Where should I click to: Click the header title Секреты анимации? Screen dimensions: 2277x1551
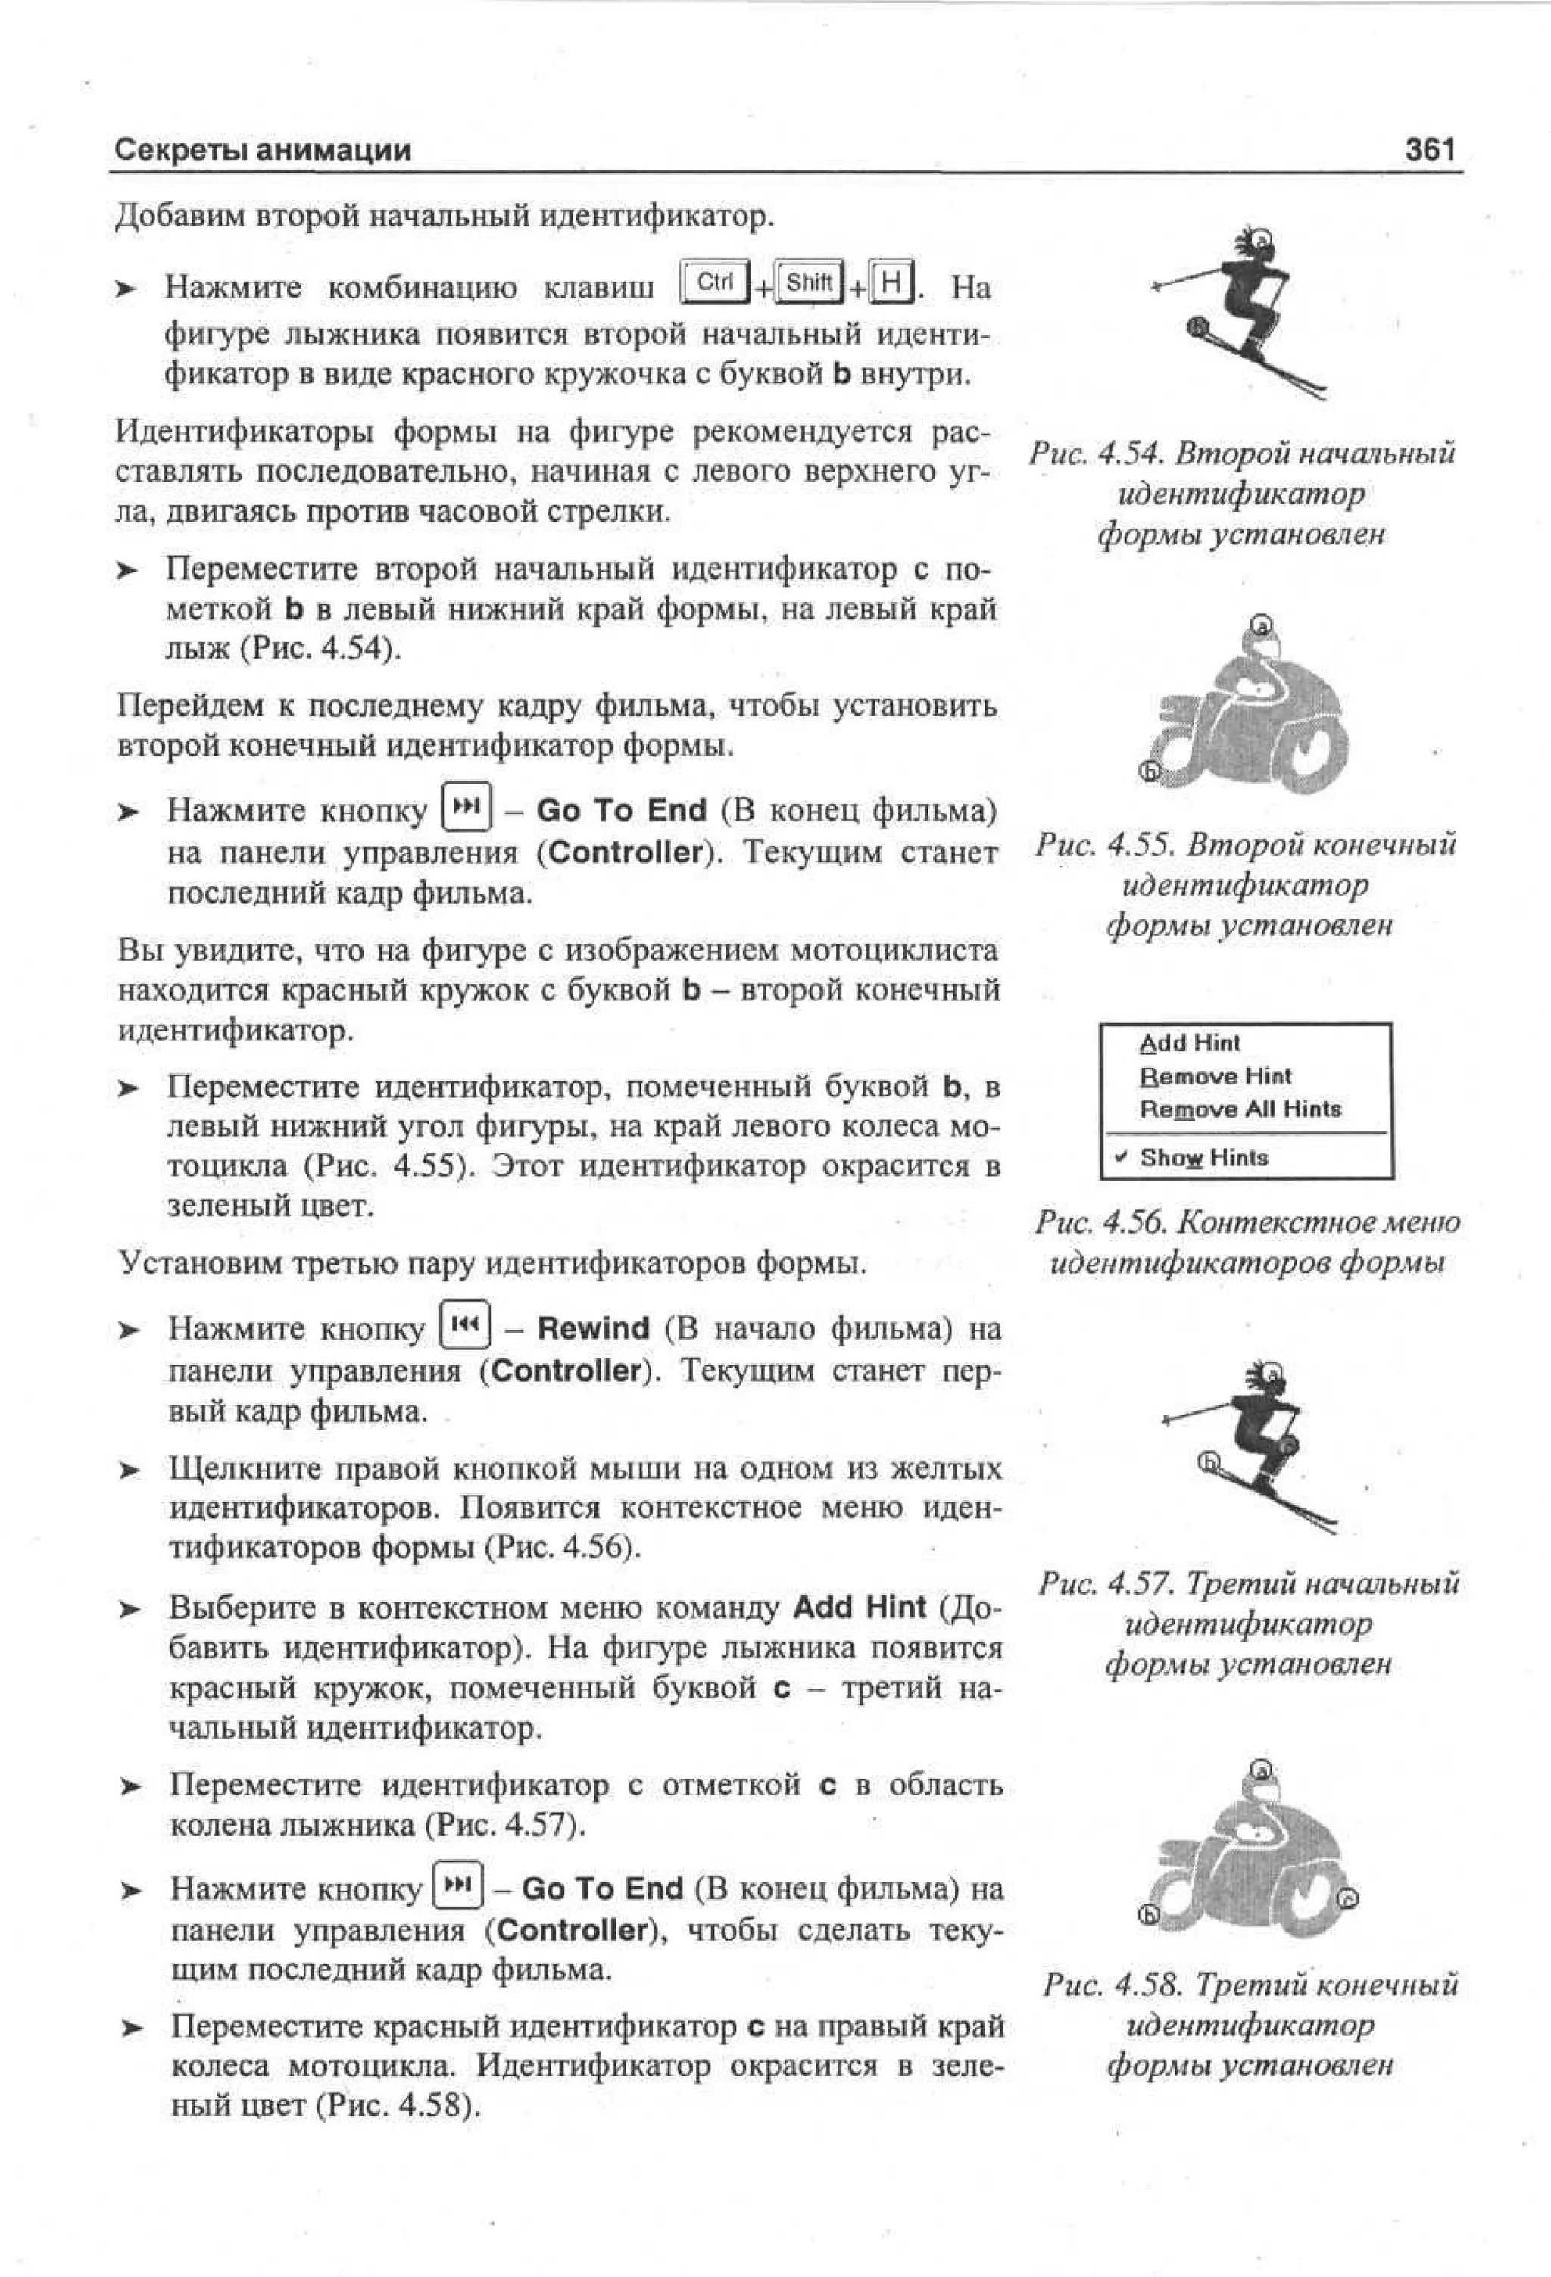(263, 150)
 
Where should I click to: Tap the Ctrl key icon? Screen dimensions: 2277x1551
(715, 282)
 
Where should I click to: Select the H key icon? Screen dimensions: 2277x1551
(891, 283)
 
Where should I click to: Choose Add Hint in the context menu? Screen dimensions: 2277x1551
(1190, 1043)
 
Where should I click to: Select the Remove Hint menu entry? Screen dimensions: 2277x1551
(1215, 1076)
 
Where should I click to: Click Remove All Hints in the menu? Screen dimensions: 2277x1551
(1240, 1109)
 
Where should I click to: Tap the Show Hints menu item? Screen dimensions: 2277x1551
(1203, 1157)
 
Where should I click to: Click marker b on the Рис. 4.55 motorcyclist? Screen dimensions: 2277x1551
(1150, 772)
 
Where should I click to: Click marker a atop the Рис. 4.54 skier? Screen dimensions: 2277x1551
(1263, 237)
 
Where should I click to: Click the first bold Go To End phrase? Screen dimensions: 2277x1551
(621, 810)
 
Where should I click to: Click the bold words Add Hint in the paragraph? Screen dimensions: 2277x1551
(860, 1607)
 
